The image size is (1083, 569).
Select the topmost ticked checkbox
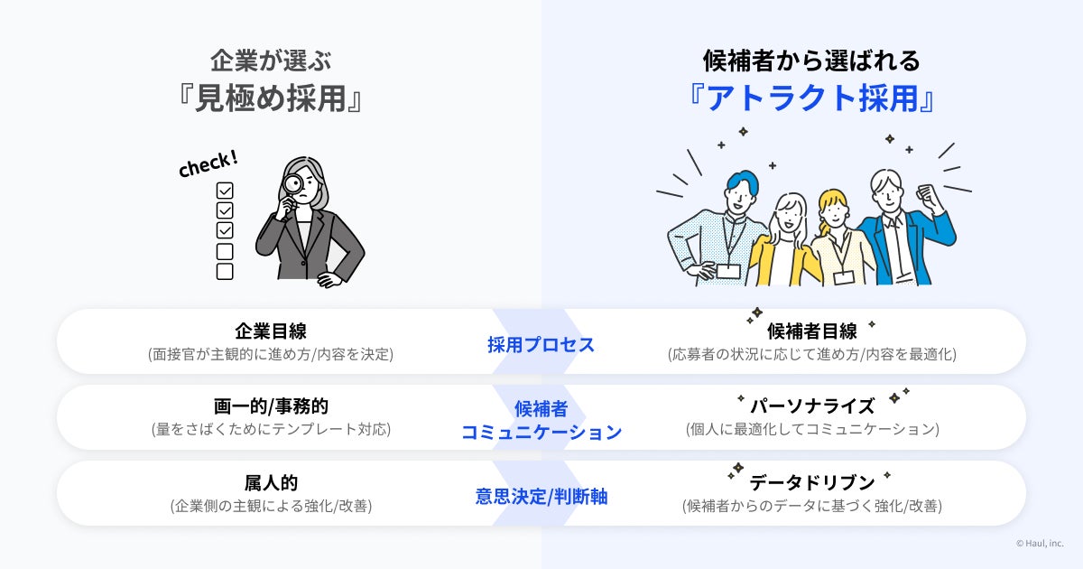(x=225, y=191)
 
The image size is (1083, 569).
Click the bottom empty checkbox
(x=225, y=271)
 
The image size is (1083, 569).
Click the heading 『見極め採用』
(x=271, y=98)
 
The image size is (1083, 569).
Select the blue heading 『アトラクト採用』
(x=811, y=98)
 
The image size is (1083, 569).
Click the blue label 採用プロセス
(x=541, y=344)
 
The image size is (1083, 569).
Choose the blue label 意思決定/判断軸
(x=541, y=496)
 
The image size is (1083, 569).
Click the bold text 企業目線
(x=271, y=331)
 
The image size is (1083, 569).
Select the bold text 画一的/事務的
(x=271, y=406)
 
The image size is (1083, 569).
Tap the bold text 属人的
(x=271, y=482)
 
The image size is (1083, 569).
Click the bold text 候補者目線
(x=811, y=331)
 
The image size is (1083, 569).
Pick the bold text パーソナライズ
(x=811, y=406)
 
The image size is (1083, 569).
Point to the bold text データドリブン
(x=811, y=482)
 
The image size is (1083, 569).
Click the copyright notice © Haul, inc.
(x=1040, y=544)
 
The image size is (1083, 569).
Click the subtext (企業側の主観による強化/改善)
(x=271, y=507)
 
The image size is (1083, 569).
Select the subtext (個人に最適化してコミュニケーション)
(x=811, y=430)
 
